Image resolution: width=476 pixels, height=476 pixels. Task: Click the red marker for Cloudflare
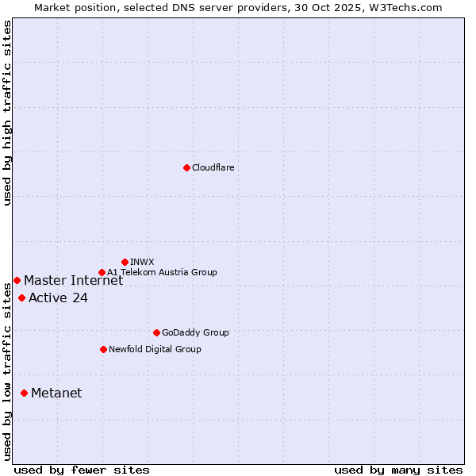pyautogui.click(x=186, y=167)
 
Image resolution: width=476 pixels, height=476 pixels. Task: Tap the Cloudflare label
pyautogui.click(x=213, y=167)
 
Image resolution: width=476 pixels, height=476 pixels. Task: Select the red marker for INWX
pyautogui.click(x=125, y=262)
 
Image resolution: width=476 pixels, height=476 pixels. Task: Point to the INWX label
pyautogui.click(x=142, y=262)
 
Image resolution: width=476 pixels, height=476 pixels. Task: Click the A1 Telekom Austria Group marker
pyautogui.click(x=102, y=272)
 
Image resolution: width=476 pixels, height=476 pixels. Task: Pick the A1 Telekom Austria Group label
pyautogui.click(x=162, y=272)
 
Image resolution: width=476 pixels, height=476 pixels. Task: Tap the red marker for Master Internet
pyautogui.click(x=17, y=280)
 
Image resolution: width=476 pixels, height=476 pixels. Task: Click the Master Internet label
pyautogui.click(x=73, y=280)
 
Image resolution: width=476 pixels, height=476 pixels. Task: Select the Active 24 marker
pyautogui.click(x=21, y=297)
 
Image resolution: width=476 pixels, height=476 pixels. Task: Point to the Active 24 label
pyautogui.click(x=58, y=298)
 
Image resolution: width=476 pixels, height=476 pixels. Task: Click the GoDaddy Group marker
pyautogui.click(x=156, y=332)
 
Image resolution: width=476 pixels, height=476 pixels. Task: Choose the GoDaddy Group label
pyautogui.click(x=194, y=332)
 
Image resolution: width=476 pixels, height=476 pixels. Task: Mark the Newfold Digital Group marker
pyautogui.click(x=103, y=349)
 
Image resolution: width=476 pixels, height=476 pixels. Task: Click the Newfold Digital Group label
pyautogui.click(x=155, y=349)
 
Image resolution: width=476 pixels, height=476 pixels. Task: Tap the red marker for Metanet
pyautogui.click(x=24, y=393)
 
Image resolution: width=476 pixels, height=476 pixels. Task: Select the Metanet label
pyautogui.click(x=56, y=393)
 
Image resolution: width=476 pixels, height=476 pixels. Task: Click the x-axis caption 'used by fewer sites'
pyautogui.click(x=82, y=470)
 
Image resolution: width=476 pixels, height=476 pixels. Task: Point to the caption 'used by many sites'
pyautogui.click(x=398, y=470)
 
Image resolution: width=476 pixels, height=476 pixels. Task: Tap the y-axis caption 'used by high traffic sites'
pyautogui.click(x=7, y=113)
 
